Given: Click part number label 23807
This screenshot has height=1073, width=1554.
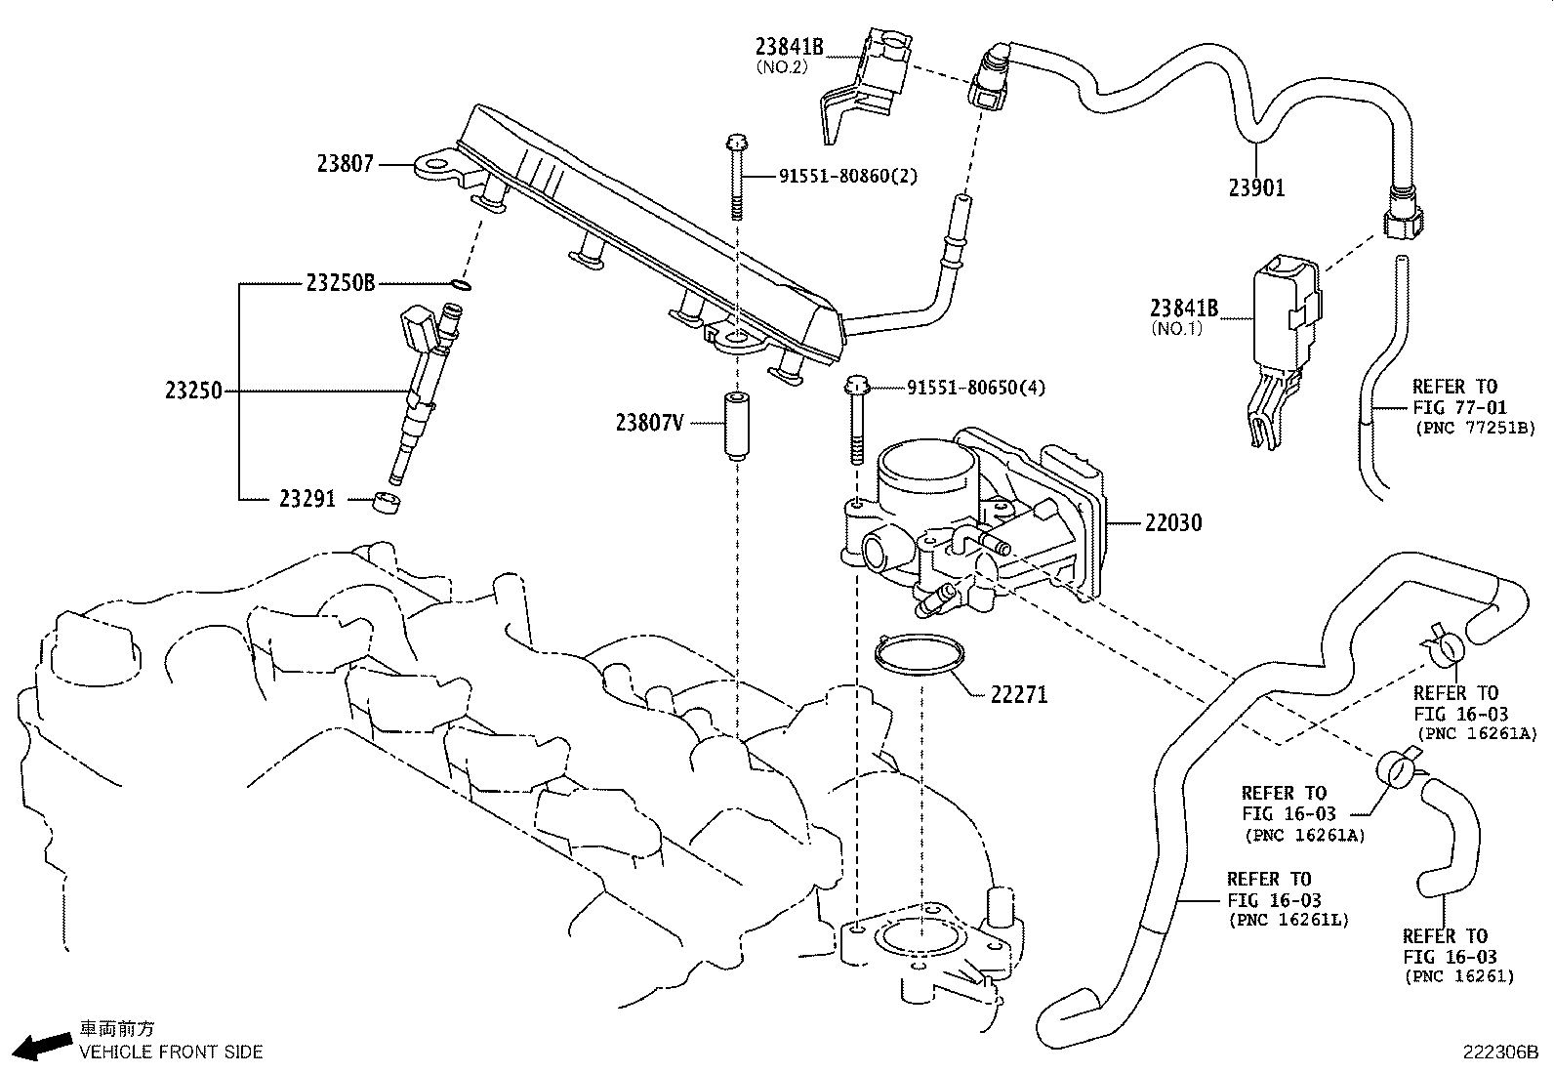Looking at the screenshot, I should pos(345,164).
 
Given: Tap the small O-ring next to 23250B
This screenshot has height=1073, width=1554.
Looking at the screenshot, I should pos(463,285).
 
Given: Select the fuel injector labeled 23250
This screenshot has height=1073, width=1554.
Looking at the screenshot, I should pos(423,391).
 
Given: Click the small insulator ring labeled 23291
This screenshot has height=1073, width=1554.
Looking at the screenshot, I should pos(388,505).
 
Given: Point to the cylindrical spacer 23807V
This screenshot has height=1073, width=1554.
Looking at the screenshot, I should pos(735,427).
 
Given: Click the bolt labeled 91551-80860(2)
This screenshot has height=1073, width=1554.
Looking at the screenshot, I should pos(735,176).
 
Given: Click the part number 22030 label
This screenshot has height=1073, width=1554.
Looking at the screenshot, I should pos(1173,523).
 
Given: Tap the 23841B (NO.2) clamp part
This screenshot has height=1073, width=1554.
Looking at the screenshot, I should pos(864,83).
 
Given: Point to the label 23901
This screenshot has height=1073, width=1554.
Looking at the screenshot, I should pos(1256,187).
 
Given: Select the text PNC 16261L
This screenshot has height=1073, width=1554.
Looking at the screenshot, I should pos(1288,920).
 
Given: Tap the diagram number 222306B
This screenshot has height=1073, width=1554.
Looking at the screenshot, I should pos(1499,1052).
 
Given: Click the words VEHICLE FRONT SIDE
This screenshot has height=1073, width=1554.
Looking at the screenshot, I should pos(170,1052).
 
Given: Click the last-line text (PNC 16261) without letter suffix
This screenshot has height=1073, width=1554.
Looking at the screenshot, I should pos(1459,976).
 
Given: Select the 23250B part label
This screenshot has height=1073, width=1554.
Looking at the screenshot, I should pos(340,283).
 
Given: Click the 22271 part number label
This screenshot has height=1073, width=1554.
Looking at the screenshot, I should pos(1018,695).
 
